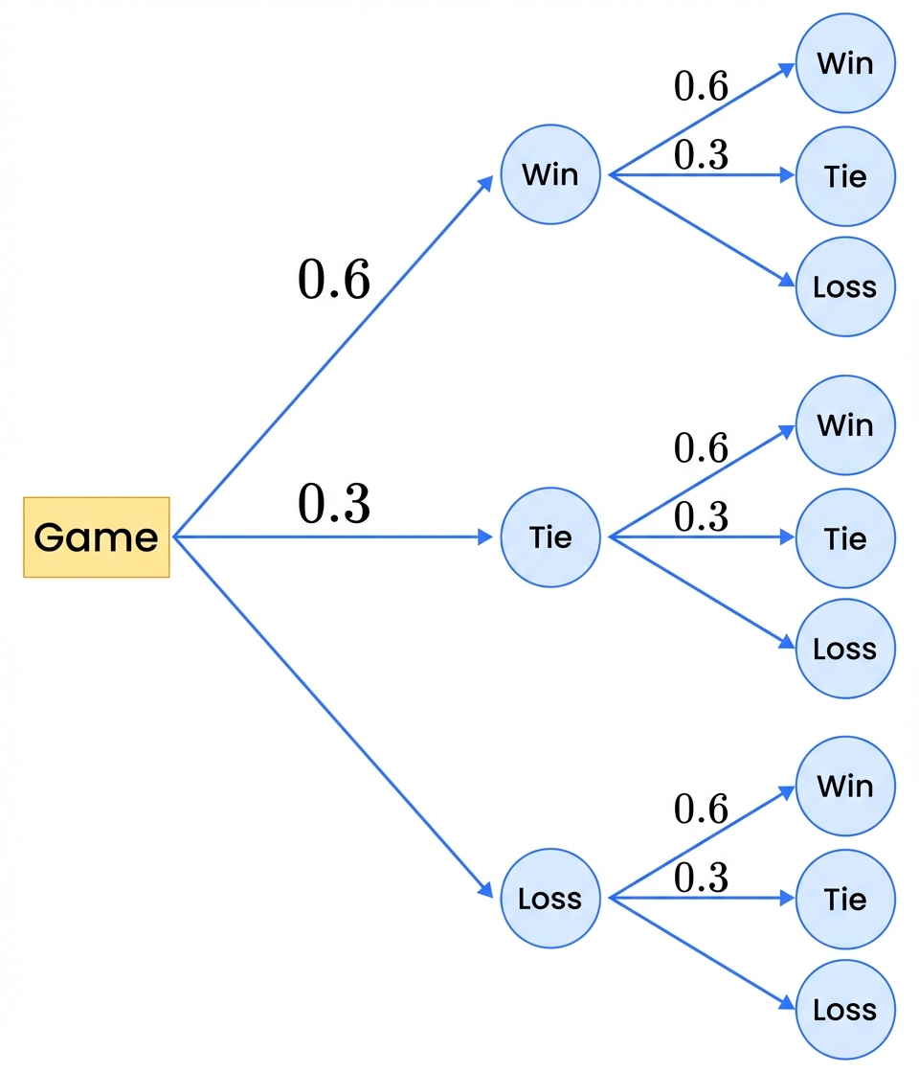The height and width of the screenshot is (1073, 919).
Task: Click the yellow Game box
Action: point(96,537)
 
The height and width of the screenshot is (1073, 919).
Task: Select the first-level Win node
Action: point(550,175)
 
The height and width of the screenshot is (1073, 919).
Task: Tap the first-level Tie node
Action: point(550,537)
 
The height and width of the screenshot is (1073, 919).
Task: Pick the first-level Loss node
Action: point(550,899)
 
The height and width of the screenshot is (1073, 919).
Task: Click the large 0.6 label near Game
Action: point(334,281)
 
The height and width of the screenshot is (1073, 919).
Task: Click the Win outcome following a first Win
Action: point(845,64)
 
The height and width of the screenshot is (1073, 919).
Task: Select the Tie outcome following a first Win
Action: point(845,176)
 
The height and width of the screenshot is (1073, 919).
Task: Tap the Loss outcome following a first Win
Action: point(845,287)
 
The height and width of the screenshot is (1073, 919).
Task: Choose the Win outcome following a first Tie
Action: point(845,425)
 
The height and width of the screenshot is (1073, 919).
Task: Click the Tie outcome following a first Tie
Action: point(845,538)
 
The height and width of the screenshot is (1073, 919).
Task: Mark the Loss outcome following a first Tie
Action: point(845,649)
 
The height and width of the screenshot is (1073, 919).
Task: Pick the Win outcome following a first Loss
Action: point(845,787)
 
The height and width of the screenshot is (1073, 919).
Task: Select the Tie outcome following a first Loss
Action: point(845,899)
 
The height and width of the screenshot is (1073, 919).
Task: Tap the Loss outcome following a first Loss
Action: point(845,1010)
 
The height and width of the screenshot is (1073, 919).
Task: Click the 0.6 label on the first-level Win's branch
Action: point(702,87)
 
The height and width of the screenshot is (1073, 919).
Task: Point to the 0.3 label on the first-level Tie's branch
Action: point(702,517)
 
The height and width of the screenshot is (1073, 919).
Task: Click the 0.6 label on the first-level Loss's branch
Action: point(702,810)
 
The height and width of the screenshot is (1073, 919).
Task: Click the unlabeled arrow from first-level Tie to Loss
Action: point(704,593)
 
